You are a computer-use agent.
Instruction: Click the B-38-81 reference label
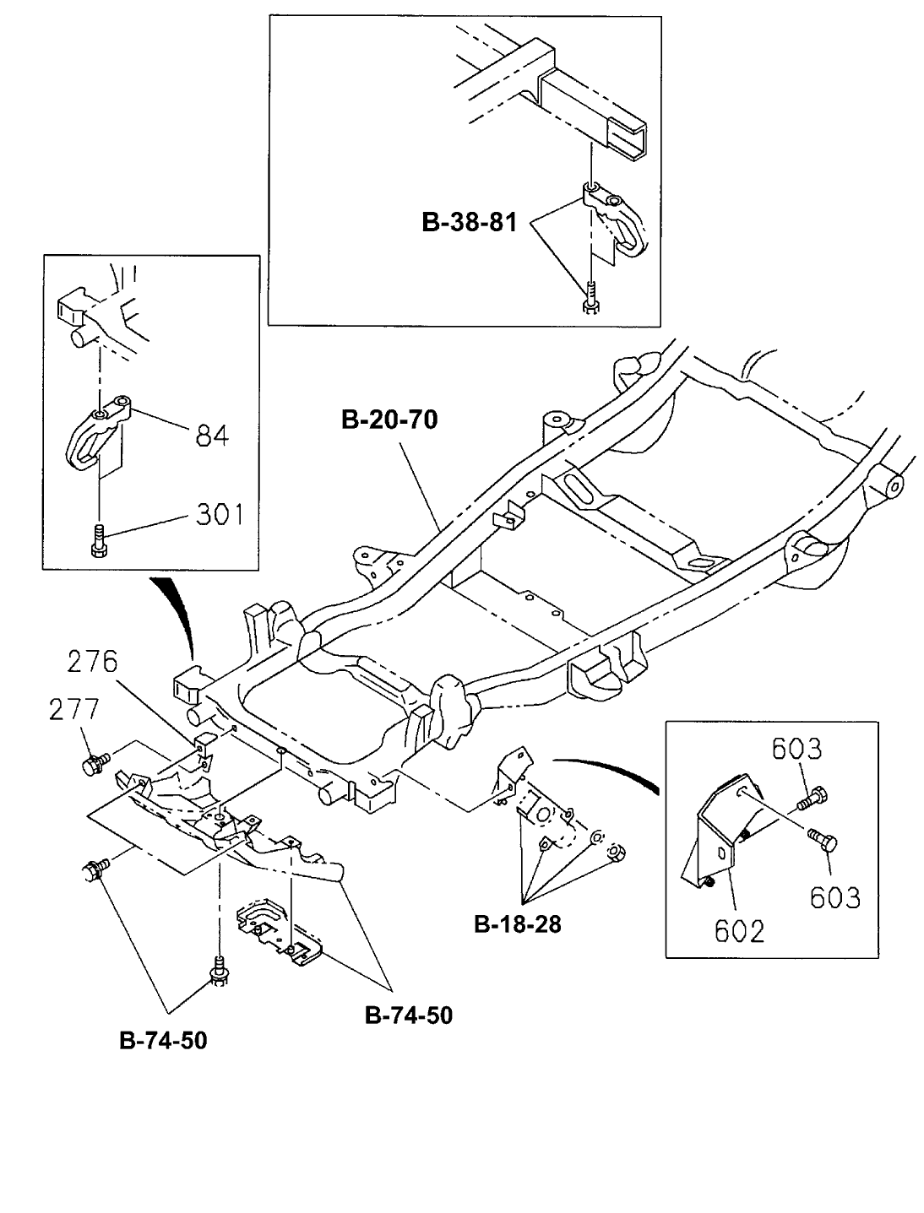tap(469, 222)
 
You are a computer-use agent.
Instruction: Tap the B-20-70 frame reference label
tap(389, 420)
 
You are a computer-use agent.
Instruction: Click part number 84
tap(212, 436)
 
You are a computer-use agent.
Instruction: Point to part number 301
tap(220, 514)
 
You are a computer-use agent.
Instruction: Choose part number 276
tap(92, 662)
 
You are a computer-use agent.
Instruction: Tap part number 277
tap(74, 709)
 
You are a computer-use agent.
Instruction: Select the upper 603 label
tap(796, 750)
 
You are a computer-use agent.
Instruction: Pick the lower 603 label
tap(835, 897)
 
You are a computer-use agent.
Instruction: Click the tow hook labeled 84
tap(97, 433)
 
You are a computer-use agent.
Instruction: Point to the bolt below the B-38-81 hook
tap(592, 299)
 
